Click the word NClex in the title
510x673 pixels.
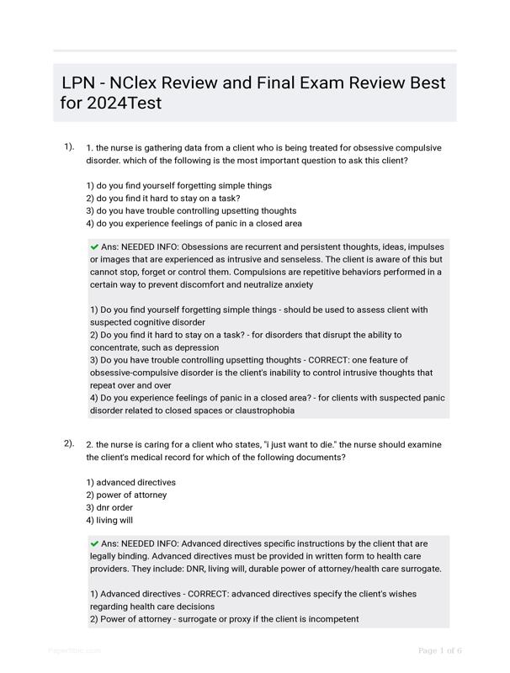pos(139,83)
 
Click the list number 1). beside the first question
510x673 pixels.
pos(69,146)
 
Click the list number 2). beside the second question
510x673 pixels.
pos(69,443)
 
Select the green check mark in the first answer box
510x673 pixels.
pos(94,247)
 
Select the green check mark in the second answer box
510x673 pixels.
pos(94,543)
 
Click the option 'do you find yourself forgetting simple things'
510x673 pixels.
pos(179,185)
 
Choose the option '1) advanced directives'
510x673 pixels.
pos(130,482)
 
